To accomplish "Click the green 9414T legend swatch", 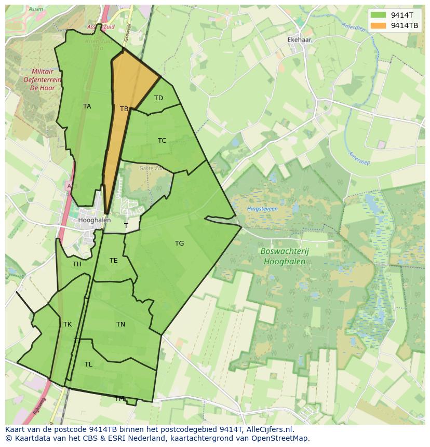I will pyautogui.click(x=379, y=15).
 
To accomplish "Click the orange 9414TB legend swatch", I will pyautogui.click(x=379, y=25).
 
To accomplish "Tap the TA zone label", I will pyautogui.click(x=87, y=106).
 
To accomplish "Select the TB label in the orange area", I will pyautogui.click(x=124, y=109).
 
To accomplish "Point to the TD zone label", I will pyautogui.click(x=158, y=98).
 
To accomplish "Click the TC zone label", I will pyautogui.click(x=162, y=141).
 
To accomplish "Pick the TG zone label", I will pyautogui.click(x=179, y=243).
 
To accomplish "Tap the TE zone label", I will pyautogui.click(x=113, y=261).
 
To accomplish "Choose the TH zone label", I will pyautogui.click(x=77, y=264).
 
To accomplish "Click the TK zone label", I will pyautogui.click(x=68, y=324).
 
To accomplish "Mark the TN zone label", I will pyautogui.click(x=120, y=324).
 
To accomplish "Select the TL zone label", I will pyautogui.click(x=88, y=364).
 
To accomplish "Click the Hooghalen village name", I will pyautogui.click(x=94, y=220).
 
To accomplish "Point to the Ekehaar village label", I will pyautogui.click(x=300, y=39).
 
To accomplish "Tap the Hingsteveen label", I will pyautogui.click(x=262, y=209).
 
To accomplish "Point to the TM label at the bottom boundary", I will pyautogui.click(x=120, y=399).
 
